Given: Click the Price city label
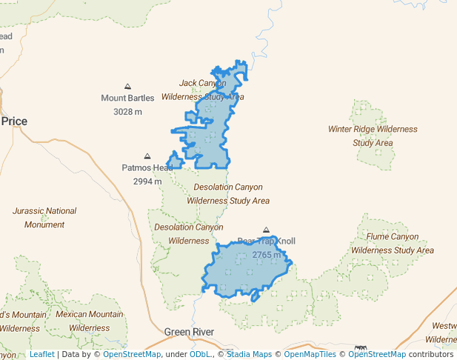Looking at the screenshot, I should pos(14,121).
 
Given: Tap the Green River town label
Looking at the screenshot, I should pos(189,332).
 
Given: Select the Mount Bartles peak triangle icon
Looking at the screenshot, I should pos(127,87).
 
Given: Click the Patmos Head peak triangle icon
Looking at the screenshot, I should pos(147,156).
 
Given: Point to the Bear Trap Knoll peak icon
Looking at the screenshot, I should pos(266,230).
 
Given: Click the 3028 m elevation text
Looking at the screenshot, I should pos(127,112).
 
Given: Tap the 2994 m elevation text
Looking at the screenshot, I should pos(147,181).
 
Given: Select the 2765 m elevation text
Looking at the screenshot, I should pos(266,255).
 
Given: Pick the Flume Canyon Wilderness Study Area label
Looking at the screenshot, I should pos(393,244).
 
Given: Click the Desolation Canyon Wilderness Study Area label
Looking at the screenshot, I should pos(227,194).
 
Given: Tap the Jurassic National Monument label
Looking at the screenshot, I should pos(44,218).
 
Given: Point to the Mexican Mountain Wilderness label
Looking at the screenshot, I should pos(89,321).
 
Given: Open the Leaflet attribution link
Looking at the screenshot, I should pos(42,354).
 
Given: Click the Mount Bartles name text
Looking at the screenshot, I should pos(127,98).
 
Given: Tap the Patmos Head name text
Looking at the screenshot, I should pos(147,168).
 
